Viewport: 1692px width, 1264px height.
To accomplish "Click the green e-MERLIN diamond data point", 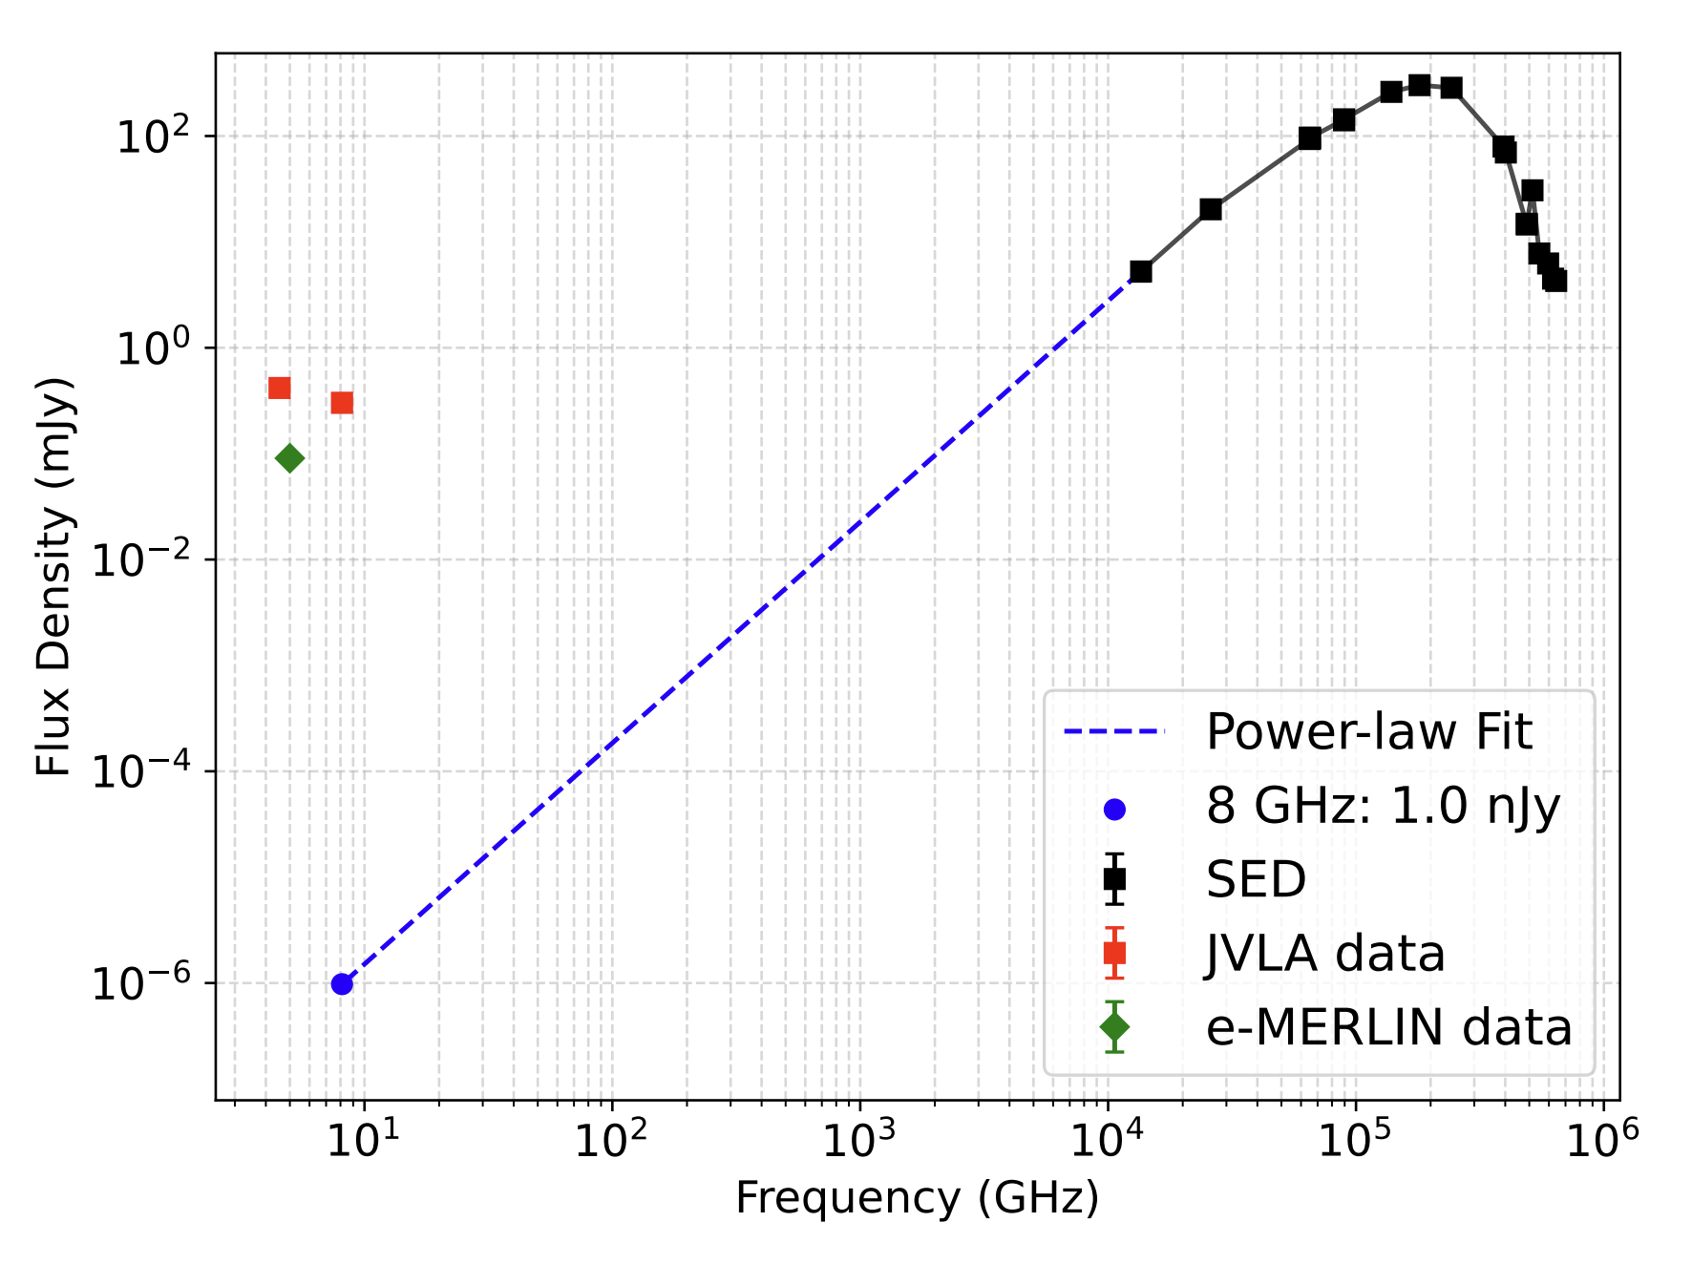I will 290,459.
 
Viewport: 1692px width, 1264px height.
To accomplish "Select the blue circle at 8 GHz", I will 342,984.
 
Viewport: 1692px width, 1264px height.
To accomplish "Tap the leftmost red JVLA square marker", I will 279,388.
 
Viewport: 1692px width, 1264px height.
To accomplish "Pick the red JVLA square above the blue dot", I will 342,403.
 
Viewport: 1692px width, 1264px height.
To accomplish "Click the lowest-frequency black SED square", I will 1140,272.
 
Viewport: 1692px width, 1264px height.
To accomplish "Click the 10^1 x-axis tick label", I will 362,1140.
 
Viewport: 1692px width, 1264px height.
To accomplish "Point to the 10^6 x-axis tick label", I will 1602,1140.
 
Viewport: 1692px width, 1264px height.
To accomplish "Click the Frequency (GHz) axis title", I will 917,1197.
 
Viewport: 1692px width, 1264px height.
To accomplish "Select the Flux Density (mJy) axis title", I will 53,577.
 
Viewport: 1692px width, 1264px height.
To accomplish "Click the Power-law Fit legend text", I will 1368,732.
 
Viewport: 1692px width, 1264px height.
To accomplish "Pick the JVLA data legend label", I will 1325,954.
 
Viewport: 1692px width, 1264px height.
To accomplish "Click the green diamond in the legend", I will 1114,1027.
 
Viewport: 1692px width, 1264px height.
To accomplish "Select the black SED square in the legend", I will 1114,879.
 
